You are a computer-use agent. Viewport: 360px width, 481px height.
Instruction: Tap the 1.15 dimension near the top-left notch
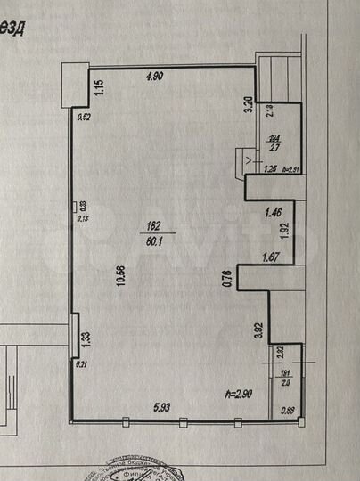tap(100, 87)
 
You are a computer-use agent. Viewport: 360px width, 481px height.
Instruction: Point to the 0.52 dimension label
tap(85, 117)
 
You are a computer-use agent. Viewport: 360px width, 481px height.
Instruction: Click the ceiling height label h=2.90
tap(240, 392)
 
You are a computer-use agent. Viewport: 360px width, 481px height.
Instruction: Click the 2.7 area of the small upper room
tap(274, 149)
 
